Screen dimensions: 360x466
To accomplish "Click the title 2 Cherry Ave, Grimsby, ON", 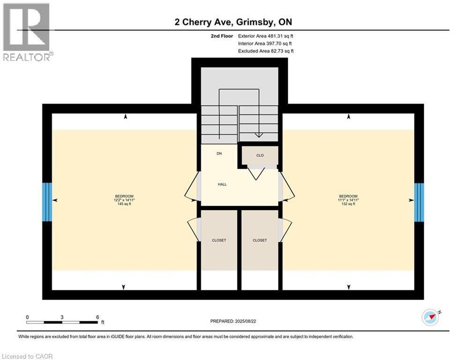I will pos(232,22).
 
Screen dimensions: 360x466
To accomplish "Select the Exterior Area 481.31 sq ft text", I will pos(266,36).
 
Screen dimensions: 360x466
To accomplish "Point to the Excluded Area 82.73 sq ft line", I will pos(266,51).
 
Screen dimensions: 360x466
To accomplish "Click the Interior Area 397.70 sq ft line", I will pos(266,43).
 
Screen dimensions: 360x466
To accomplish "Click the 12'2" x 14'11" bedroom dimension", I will pos(124,200).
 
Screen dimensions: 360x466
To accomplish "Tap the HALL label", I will pos(222,184).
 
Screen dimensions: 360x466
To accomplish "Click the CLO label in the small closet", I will pos(260,155).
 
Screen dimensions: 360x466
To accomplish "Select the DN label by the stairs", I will pos(219,154).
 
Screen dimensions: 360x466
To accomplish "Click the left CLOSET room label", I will pos(219,240).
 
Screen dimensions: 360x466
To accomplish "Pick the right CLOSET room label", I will pos(259,240).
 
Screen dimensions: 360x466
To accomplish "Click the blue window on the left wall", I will pos(47,202).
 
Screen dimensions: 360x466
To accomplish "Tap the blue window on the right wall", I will pos(419,202).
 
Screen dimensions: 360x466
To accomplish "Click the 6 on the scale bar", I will pos(97,317).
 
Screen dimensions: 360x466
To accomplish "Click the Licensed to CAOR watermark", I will pos(27,356).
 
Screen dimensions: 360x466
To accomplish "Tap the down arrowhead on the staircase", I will pos(258,135).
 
